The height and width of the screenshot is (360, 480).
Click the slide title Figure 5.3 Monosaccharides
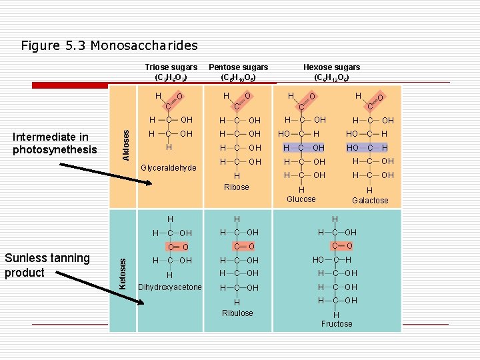pyautogui.click(x=109, y=46)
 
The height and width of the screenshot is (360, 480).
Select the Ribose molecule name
pyautogui.click(x=237, y=187)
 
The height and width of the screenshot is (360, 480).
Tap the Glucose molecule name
pyautogui.click(x=301, y=199)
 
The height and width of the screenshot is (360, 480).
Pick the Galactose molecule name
pyautogui.click(x=370, y=200)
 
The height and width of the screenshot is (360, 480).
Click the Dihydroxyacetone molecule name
pyautogui.click(x=169, y=287)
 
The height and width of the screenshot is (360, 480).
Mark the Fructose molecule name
pyautogui.click(x=337, y=324)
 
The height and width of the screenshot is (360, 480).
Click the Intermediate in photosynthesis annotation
pyautogui.click(x=55, y=143)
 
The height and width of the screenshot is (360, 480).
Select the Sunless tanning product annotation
pyautogui.click(x=47, y=265)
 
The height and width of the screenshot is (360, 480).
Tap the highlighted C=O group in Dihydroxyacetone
pyautogui.click(x=178, y=247)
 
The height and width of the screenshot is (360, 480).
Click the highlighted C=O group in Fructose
pyautogui.click(x=342, y=246)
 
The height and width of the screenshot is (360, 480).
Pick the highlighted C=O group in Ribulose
pyautogui.click(x=244, y=247)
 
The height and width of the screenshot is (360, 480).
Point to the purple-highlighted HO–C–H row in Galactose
pyautogui.click(x=367, y=147)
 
